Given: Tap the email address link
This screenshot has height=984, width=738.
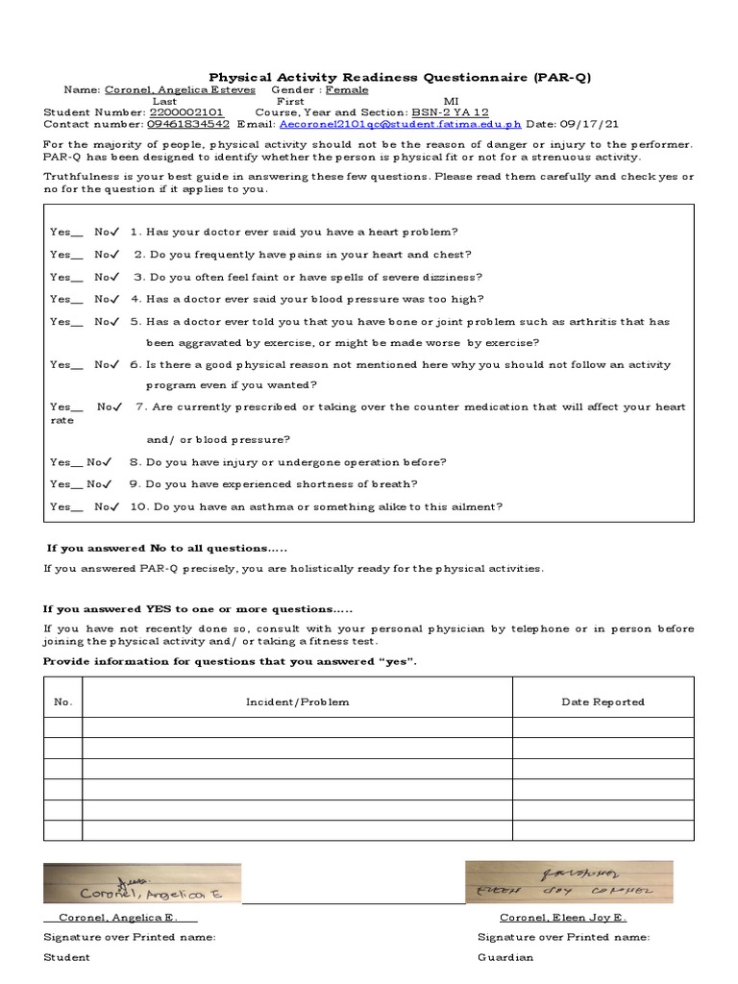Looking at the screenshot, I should pyautogui.click(x=400, y=124).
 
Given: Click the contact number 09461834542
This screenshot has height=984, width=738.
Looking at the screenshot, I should pyautogui.click(x=187, y=124).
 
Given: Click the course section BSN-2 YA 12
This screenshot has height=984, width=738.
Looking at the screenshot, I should pyautogui.click(x=450, y=112).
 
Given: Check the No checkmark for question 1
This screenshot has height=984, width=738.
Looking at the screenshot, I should pyautogui.click(x=113, y=232).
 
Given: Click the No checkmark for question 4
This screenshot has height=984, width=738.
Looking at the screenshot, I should pyautogui.click(x=113, y=299).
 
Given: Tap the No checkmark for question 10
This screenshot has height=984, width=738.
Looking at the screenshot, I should pyautogui.click(x=113, y=506).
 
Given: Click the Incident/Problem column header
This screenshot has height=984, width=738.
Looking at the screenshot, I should pyautogui.click(x=298, y=702).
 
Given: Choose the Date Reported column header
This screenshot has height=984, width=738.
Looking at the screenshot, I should pyautogui.click(x=603, y=702).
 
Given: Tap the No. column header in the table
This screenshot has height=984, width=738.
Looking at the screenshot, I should pyautogui.click(x=63, y=702).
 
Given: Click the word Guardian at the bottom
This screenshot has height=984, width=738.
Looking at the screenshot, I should pyautogui.click(x=505, y=957).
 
